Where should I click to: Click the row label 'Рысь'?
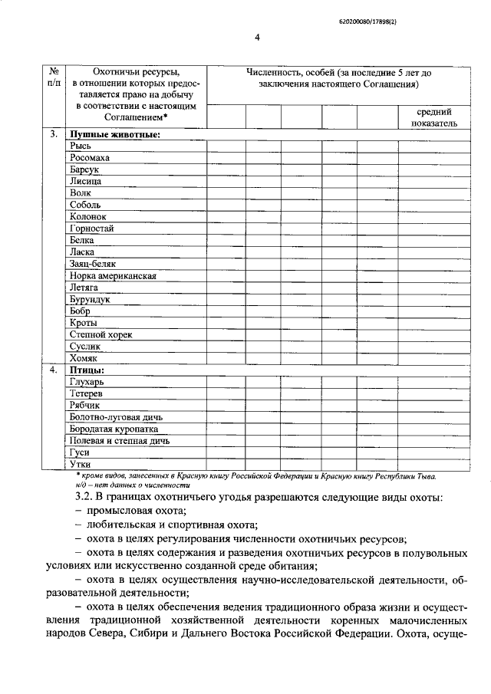80,146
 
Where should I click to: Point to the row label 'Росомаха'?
90,158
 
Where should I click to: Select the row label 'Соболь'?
84,206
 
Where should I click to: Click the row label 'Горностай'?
91,229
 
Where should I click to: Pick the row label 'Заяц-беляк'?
92,265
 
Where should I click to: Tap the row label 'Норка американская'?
113,276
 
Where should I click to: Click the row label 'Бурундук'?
90,300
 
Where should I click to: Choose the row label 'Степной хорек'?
100,335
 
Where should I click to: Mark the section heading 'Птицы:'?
87,370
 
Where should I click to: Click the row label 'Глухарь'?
87,382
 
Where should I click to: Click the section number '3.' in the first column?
54,135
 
